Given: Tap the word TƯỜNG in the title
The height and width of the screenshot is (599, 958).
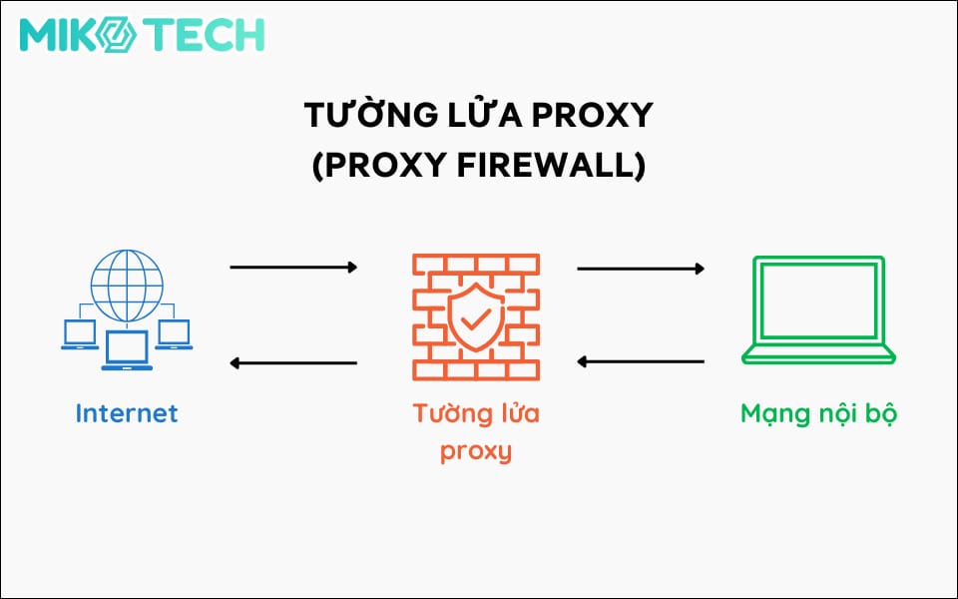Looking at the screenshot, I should tap(359, 116).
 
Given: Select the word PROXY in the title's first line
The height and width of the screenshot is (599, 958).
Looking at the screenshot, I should tap(592, 116).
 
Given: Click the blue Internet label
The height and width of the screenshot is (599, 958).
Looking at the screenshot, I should tap(127, 412).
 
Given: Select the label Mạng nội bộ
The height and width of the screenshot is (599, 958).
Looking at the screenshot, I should tap(819, 412).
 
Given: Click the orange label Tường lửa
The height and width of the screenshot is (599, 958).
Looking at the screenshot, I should tap(477, 412).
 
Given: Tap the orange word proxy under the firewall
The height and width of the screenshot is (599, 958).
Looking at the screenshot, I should tap(477, 450).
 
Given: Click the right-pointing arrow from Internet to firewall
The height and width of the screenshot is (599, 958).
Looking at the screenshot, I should tap(293, 268).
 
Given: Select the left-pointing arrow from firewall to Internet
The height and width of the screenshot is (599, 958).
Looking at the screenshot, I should tap(293, 362).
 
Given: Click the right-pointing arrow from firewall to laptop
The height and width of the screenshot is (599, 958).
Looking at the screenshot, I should tap(641, 268).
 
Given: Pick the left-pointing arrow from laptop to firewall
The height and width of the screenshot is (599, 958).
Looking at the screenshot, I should tap(641, 361).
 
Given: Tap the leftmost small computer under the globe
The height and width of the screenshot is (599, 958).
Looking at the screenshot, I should tap(79, 335).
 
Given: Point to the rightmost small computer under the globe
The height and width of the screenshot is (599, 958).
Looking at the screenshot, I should tap(175, 335).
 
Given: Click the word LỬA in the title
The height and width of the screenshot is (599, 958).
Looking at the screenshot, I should tap(474, 116).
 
